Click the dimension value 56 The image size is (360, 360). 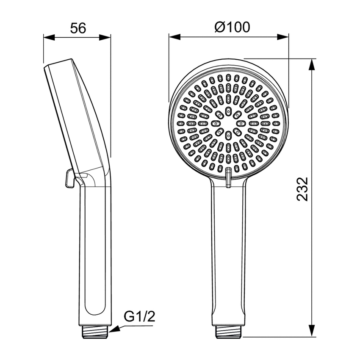pyautogui.click(x=78, y=28)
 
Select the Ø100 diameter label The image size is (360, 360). pyautogui.click(x=232, y=27)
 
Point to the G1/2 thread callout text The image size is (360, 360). pyautogui.click(x=139, y=317)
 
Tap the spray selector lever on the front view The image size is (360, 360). pyautogui.click(x=229, y=176)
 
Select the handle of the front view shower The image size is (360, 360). pyautogui.click(x=228, y=254)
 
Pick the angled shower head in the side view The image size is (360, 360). pyautogui.click(x=76, y=114)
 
